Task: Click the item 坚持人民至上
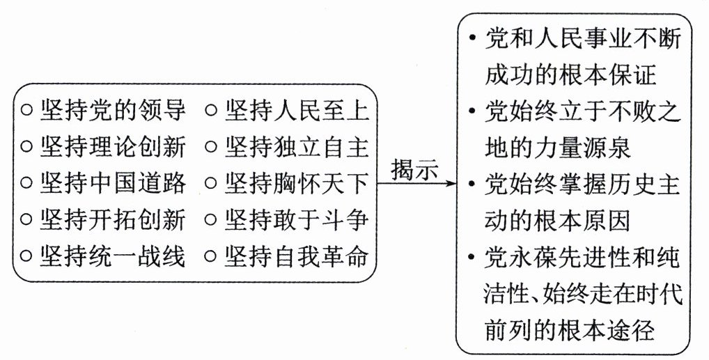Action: point(296,110)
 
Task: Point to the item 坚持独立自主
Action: point(296,147)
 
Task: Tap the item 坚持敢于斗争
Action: point(296,220)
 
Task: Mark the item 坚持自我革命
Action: point(296,256)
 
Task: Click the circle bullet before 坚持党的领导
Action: point(26,111)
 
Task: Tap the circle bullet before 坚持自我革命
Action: point(211,257)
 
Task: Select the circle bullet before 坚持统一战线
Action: point(26,257)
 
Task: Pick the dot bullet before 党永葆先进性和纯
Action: point(474,258)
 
